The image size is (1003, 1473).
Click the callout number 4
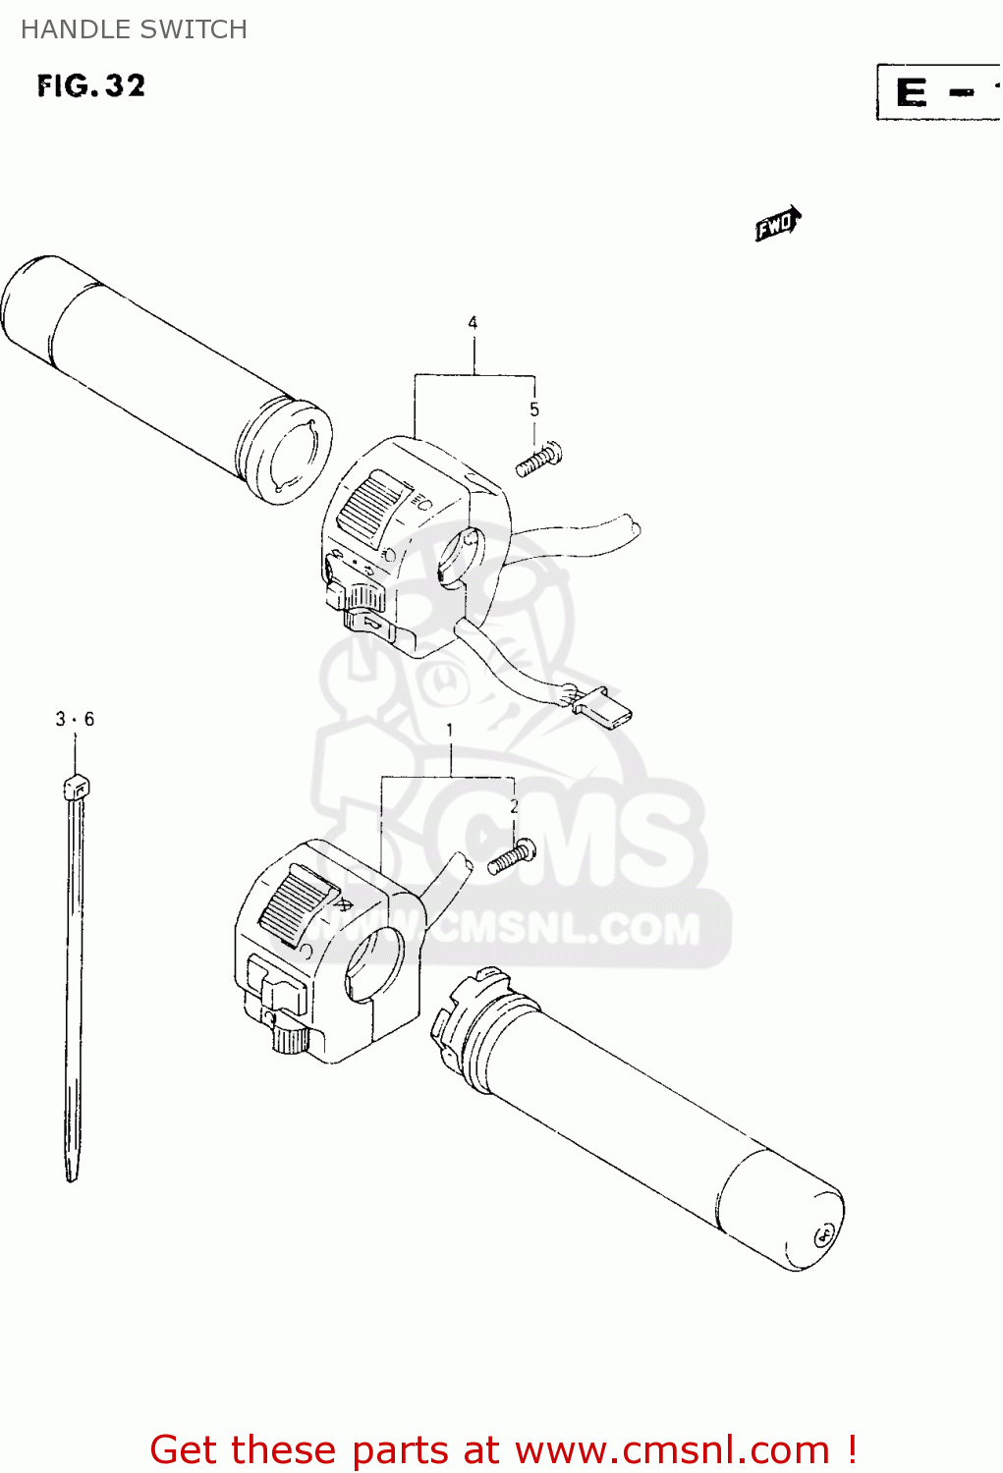coord(473,323)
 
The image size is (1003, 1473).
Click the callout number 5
coord(534,409)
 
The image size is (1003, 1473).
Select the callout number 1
coord(450,731)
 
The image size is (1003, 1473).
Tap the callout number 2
coord(514,807)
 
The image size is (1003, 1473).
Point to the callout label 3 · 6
coord(75,720)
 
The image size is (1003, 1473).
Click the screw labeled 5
coord(539,459)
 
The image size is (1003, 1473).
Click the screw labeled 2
coord(512,857)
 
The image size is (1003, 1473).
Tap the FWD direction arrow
coord(778,225)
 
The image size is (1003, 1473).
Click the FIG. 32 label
coord(91,86)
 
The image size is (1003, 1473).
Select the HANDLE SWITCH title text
coord(134,29)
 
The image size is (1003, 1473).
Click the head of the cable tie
coord(76,787)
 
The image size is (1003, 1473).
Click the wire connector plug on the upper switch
coord(603,706)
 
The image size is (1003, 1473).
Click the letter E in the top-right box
coord(911,93)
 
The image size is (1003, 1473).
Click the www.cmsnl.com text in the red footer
coord(672,1449)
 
